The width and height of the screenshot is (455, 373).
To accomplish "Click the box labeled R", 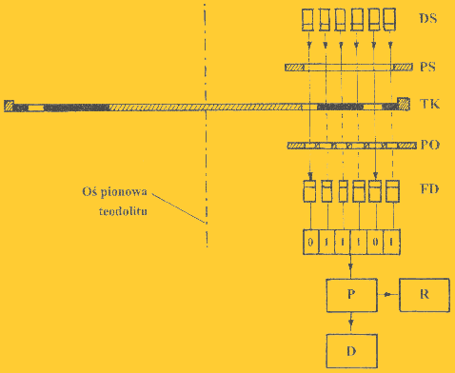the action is click(x=423, y=295).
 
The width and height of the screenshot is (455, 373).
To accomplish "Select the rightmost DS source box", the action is click(x=391, y=18).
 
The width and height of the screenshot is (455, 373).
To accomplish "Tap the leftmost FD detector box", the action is click(x=310, y=190).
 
